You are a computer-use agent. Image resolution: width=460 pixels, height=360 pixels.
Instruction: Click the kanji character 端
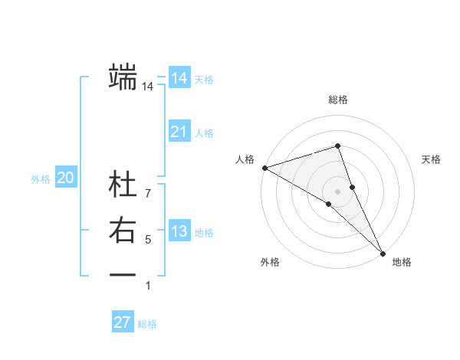coord(123,77)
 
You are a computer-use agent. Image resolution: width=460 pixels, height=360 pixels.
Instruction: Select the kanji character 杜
coord(123,185)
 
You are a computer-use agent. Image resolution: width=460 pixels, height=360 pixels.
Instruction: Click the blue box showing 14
coord(179,78)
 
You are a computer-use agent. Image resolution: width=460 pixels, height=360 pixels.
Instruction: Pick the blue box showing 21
coord(179,132)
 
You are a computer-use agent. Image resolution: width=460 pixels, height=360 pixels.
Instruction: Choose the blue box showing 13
coord(179,231)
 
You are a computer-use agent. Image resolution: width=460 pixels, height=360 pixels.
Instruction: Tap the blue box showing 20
coord(65,178)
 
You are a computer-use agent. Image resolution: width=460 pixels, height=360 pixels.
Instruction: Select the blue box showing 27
coord(123,322)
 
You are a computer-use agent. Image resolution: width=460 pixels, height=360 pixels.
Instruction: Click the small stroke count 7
coord(148,184)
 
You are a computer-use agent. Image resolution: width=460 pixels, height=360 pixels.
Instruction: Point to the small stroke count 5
coord(148,240)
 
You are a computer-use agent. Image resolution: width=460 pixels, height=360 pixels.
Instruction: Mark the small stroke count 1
coord(148,286)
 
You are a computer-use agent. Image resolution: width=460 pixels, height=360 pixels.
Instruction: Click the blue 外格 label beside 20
coord(41,179)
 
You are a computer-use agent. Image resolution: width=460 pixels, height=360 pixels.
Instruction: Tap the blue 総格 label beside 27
coord(147,324)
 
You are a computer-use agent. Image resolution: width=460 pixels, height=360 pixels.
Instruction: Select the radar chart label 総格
coord(338,100)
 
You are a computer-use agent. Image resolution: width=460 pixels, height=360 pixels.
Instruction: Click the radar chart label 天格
coord(432,159)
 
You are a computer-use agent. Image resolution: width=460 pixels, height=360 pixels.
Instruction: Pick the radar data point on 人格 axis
coord(264,168)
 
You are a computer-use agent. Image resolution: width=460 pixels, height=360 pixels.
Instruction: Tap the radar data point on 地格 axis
coord(382,253)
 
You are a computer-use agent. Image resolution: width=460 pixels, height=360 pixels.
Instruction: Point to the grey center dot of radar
coord(338,191)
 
